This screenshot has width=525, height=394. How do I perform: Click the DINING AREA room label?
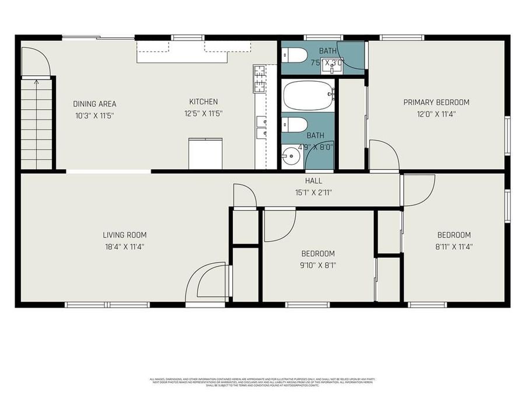(94, 104)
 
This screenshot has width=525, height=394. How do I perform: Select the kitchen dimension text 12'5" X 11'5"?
(204, 114)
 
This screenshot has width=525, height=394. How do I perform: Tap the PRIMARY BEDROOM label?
(436, 102)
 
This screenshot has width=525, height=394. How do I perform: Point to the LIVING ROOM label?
(124, 235)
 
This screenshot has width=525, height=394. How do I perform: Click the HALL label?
(314, 181)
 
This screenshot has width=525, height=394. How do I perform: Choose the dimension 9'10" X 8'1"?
(318, 265)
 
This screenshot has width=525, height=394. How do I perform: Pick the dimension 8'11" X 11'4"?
(454, 247)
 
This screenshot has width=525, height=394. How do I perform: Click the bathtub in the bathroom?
(307, 95)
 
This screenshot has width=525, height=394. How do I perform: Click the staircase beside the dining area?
(36, 123)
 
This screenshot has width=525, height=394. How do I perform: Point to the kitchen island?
(205, 153)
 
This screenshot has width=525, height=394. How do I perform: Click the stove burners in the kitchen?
(259, 80)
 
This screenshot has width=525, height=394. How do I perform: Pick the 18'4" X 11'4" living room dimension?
(124, 247)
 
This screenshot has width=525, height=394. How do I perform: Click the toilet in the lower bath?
(296, 124)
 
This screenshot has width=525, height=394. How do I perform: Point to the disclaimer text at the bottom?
(262, 382)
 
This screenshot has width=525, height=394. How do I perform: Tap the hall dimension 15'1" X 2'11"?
(314, 192)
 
